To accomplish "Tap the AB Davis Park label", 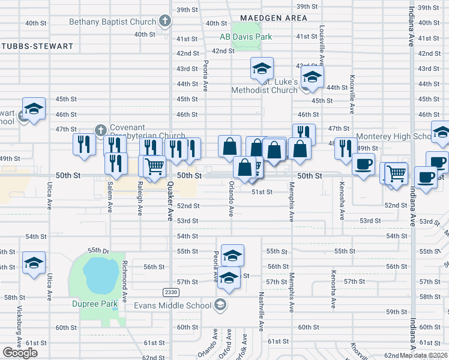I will pyautogui.click(x=246, y=37).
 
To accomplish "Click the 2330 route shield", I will pyautogui.click(x=171, y=292).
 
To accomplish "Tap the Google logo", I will pyautogui.click(x=20, y=352).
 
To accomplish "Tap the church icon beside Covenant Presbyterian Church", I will pyautogui.click(x=100, y=129).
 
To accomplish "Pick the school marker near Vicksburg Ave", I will pyautogui.click(x=34, y=263).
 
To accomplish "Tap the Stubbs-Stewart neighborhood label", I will pyautogui.click(x=36, y=46).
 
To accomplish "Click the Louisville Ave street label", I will pyautogui.click(x=322, y=45).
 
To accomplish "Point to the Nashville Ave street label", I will pyautogui.click(x=261, y=312).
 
